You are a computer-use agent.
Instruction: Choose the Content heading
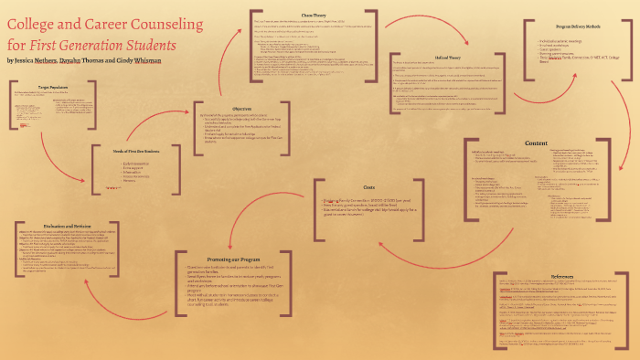536,143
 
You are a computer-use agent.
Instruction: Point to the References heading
564,275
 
